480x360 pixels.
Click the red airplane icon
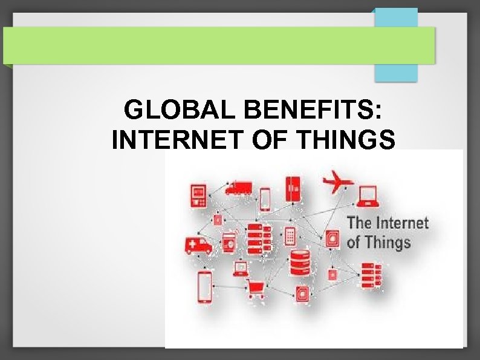pyautogui.click(x=337, y=182)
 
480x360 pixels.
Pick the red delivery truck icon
pyautogui.click(x=238, y=188)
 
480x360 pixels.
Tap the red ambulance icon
pyautogui.click(x=199, y=245)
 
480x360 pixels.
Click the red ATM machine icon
pyautogui.click(x=198, y=195)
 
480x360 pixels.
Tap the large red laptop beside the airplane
pyautogui.click(x=368, y=195)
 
